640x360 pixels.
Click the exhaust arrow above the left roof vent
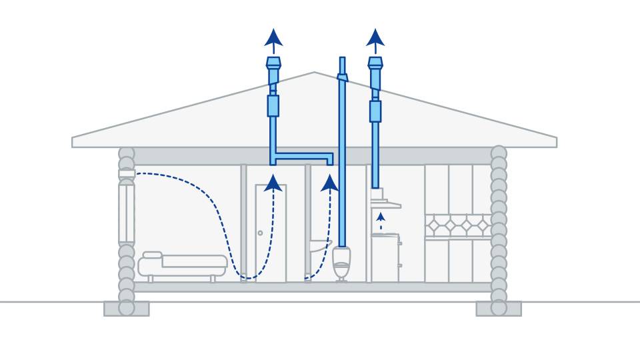coord(273,38)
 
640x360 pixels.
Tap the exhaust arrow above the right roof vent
coord(375,38)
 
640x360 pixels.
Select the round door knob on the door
coord(260,233)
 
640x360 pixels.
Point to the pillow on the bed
coord(152,255)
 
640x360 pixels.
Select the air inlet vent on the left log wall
coord(126,175)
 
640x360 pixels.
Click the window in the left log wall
coord(126,213)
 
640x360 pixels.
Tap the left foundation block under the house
coord(126,309)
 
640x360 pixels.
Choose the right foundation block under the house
coord(499,309)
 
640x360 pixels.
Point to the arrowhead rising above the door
coord(272,183)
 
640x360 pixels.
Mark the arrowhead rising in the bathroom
coord(329,183)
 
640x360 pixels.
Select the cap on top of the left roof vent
coord(273,64)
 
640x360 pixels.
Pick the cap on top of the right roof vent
coord(375,64)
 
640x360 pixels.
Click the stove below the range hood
coord(385,257)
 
